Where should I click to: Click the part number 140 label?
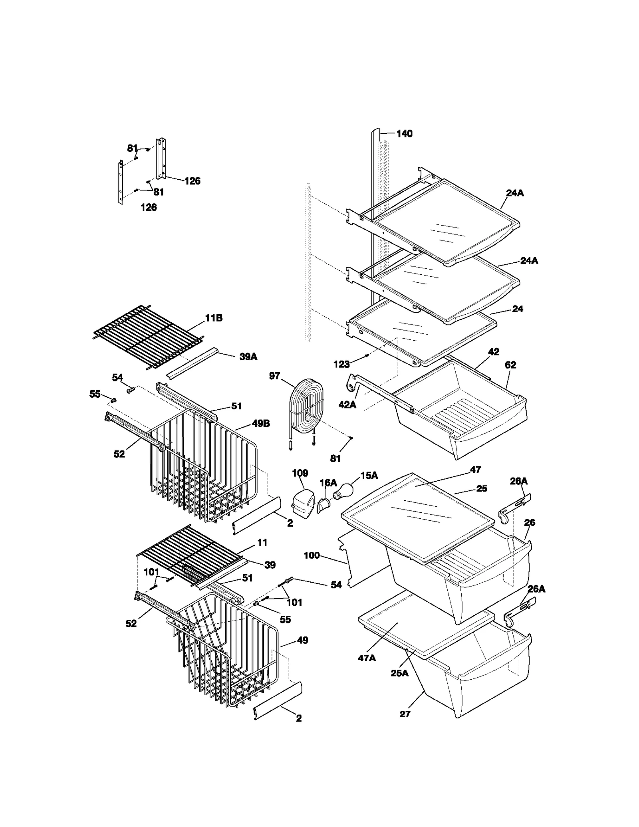tap(404, 134)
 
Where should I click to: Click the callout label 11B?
tap(214, 318)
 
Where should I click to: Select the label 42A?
tap(347, 405)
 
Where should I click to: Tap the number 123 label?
tap(341, 364)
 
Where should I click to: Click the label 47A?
tap(367, 658)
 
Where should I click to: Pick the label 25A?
tap(399, 673)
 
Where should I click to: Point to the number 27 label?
tap(405, 714)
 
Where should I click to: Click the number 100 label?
tap(312, 555)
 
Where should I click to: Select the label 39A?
tap(248, 357)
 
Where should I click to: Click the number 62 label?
tap(510, 365)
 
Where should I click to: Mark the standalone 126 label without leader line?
tap(149, 207)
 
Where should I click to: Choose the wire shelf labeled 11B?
tap(148, 335)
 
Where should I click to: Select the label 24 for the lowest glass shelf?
tap(517, 309)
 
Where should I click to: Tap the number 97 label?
tap(274, 376)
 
